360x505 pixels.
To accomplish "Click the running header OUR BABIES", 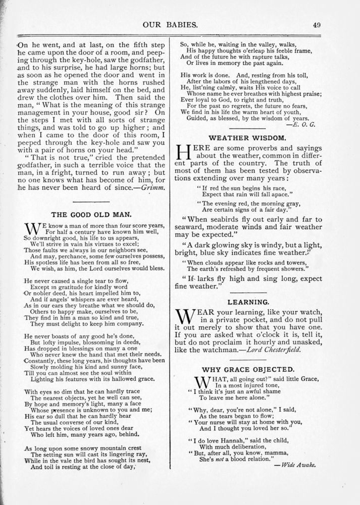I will pos(180,24).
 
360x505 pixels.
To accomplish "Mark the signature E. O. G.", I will pos(304,122).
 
